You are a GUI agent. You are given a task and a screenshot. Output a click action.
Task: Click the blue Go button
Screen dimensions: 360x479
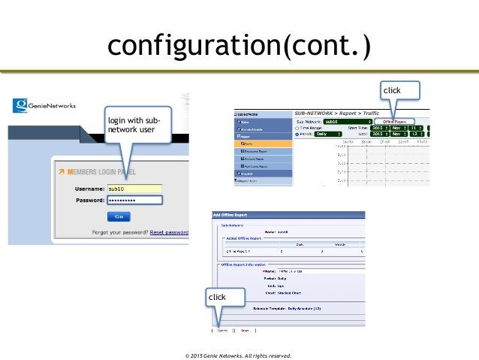click(x=118, y=216)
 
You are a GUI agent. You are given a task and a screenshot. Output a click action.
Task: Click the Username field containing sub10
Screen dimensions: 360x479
click(x=134, y=189)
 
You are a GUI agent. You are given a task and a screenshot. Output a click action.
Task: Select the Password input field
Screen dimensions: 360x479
click(x=134, y=201)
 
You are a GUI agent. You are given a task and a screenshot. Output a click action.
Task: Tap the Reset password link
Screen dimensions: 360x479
click(x=169, y=232)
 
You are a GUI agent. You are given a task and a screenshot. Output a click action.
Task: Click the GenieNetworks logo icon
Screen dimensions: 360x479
click(x=21, y=107)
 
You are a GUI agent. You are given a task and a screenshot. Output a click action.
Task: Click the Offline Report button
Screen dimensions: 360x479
click(x=394, y=120)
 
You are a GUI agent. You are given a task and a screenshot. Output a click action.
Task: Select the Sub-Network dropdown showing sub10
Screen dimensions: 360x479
click(x=344, y=120)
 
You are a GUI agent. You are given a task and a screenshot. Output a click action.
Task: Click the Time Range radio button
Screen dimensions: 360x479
click(x=299, y=127)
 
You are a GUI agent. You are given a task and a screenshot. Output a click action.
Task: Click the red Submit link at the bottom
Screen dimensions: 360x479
click(x=224, y=328)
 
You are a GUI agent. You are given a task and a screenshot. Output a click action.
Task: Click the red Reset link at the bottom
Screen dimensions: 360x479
click(x=246, y=328)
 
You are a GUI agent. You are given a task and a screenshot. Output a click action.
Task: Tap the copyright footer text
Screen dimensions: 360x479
click(x=239, y=353)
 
